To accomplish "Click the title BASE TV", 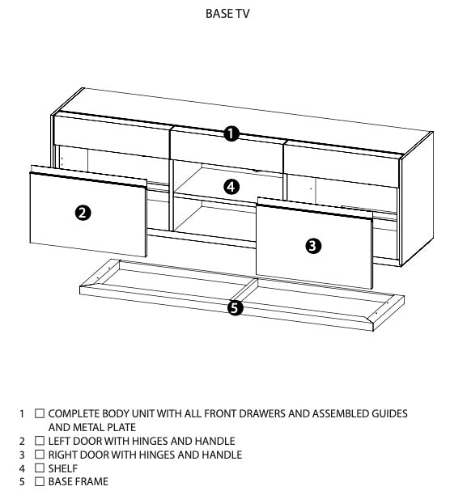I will pyautogui.click(x=224, y=14).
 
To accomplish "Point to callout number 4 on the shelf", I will pyautogui.click(x=231, y=186).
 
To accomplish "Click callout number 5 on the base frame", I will pyautogui.click(x=235, y=307).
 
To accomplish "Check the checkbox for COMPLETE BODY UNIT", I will pyautogui.click(x=40, y=413).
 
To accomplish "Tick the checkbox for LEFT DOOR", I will pyautogui.click(x=40, y=441).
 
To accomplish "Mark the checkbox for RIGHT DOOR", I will pyautogui.click(x=40, y=455).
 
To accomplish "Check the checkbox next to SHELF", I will pyautogui.click(x=40, y=468).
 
